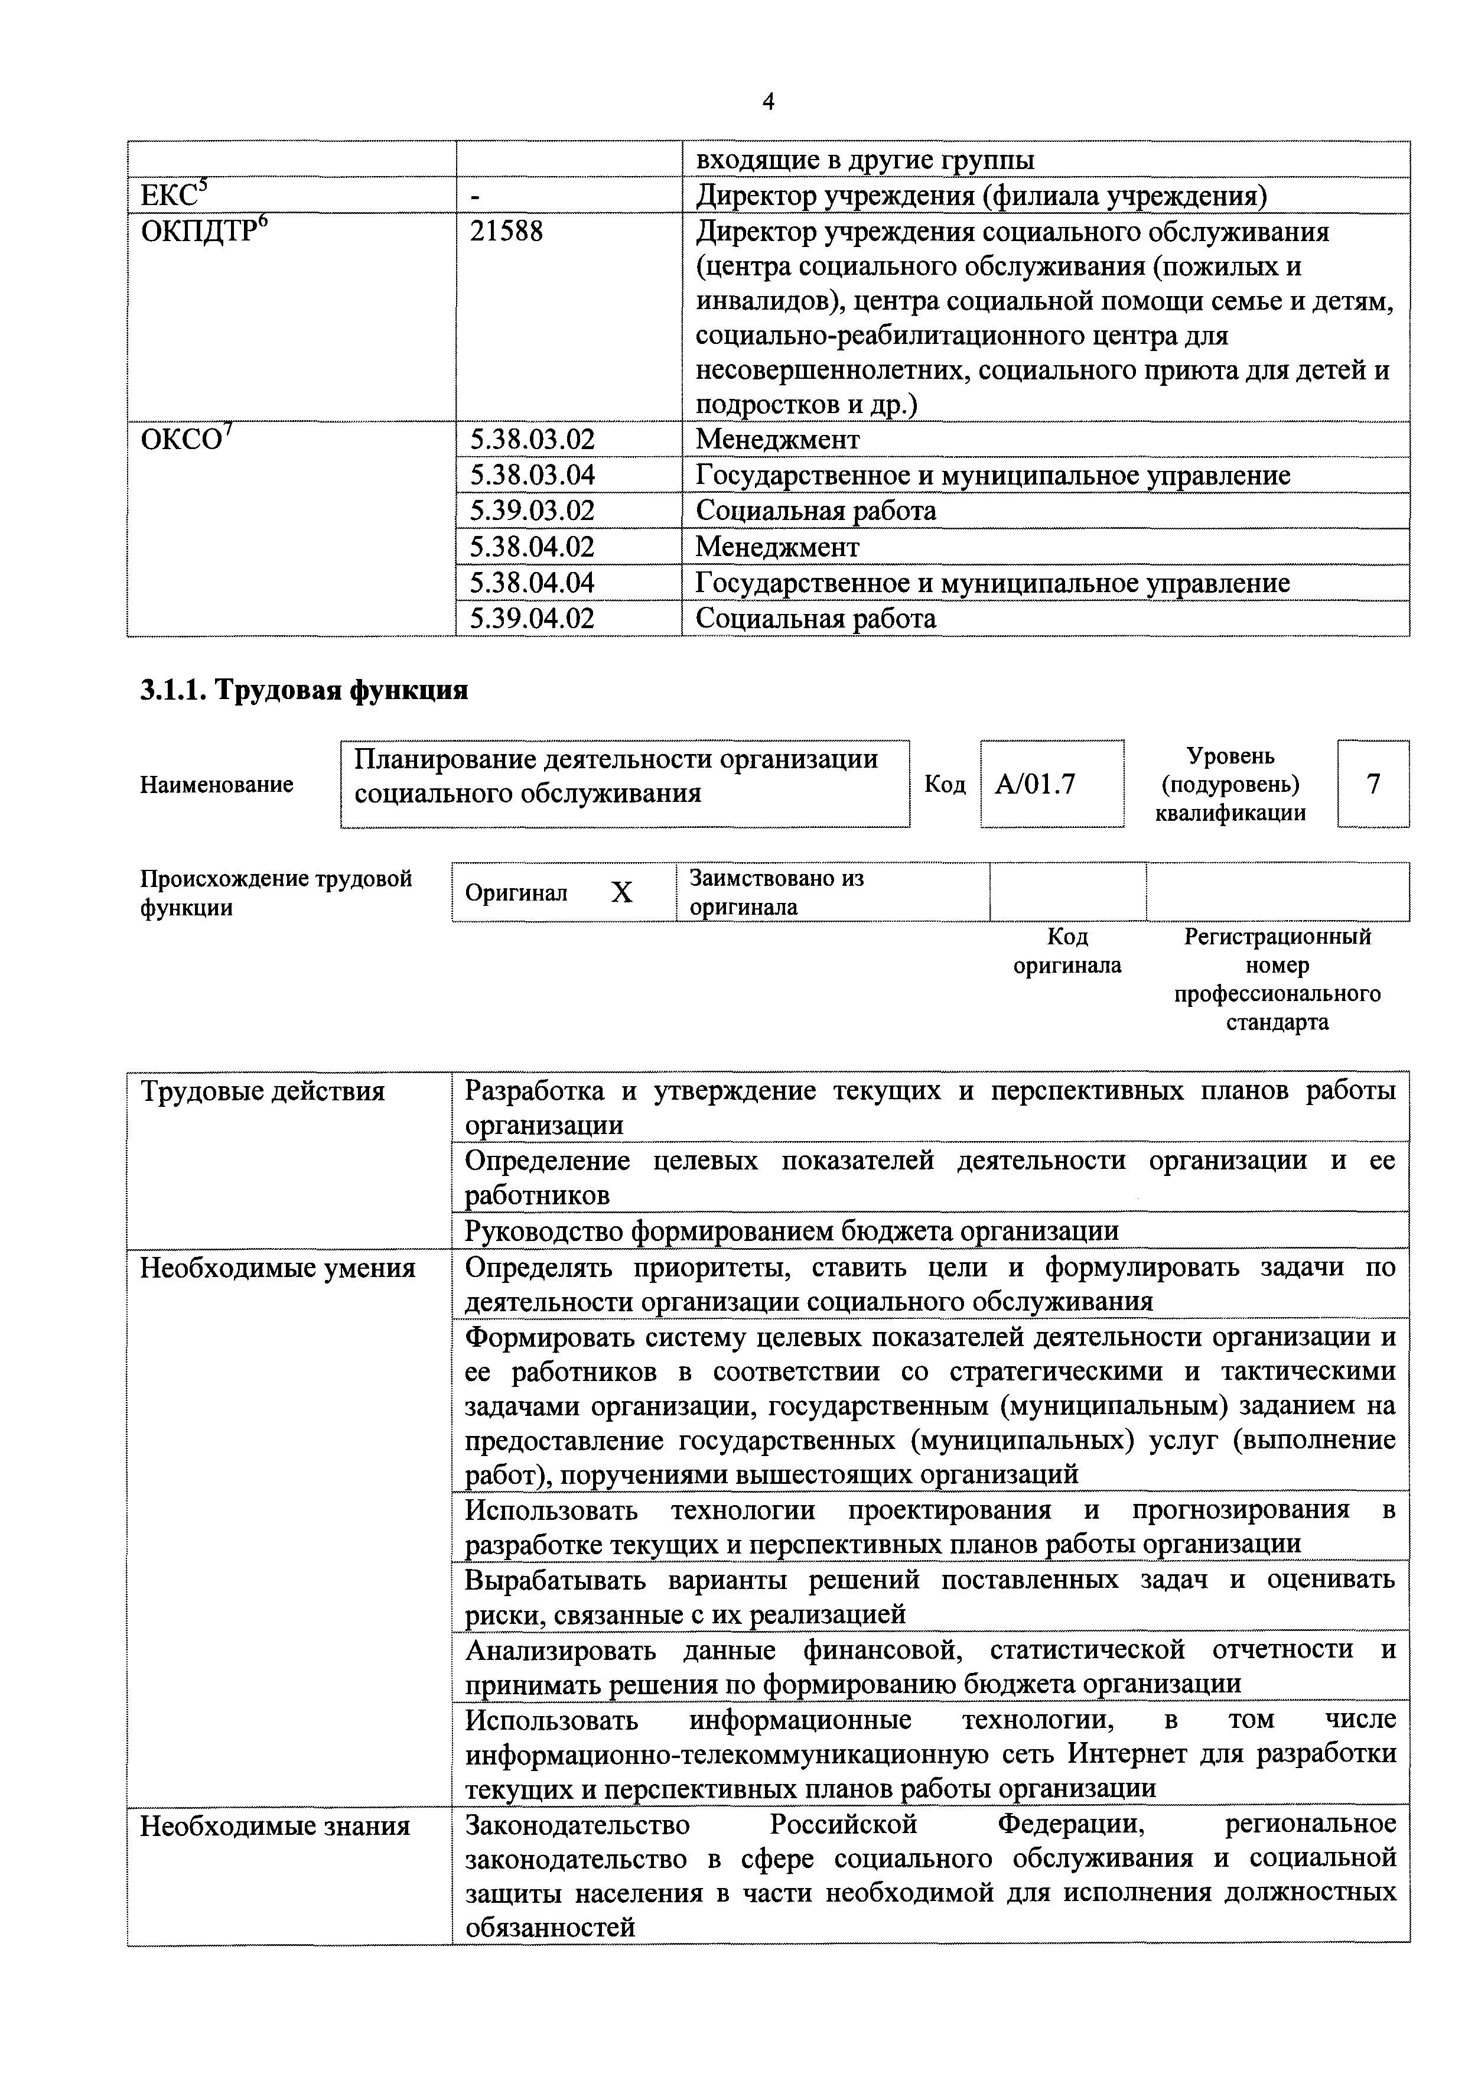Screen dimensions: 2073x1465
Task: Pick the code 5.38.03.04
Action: click(x=533, y=475)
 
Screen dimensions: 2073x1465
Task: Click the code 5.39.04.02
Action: click(x=533, y=619)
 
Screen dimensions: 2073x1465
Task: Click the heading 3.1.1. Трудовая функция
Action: click(x=304, y=691)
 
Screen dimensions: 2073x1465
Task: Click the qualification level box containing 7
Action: click(x=1373, y=784)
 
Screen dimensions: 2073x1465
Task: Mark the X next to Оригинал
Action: click(x=622, y=893)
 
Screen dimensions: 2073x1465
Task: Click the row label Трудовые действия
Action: click(x=263, y=1091)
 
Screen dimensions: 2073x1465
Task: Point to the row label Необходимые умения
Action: click(x=277, y=1269)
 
